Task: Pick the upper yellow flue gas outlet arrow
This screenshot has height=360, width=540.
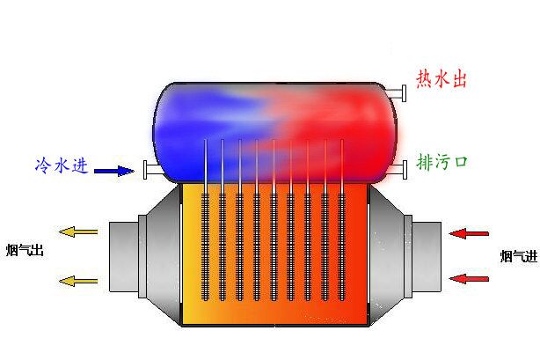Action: click(x=78, y=231)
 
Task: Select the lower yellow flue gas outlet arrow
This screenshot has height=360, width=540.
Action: click(x=78, y=281)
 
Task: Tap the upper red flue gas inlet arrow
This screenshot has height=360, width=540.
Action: click(x=468, y=233)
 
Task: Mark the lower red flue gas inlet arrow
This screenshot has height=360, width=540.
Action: click(x=468, y=278)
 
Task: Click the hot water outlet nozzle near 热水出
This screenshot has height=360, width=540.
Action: click(x=398, y=91)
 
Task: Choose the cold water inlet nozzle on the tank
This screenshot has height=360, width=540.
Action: click(x=147, y=170)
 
